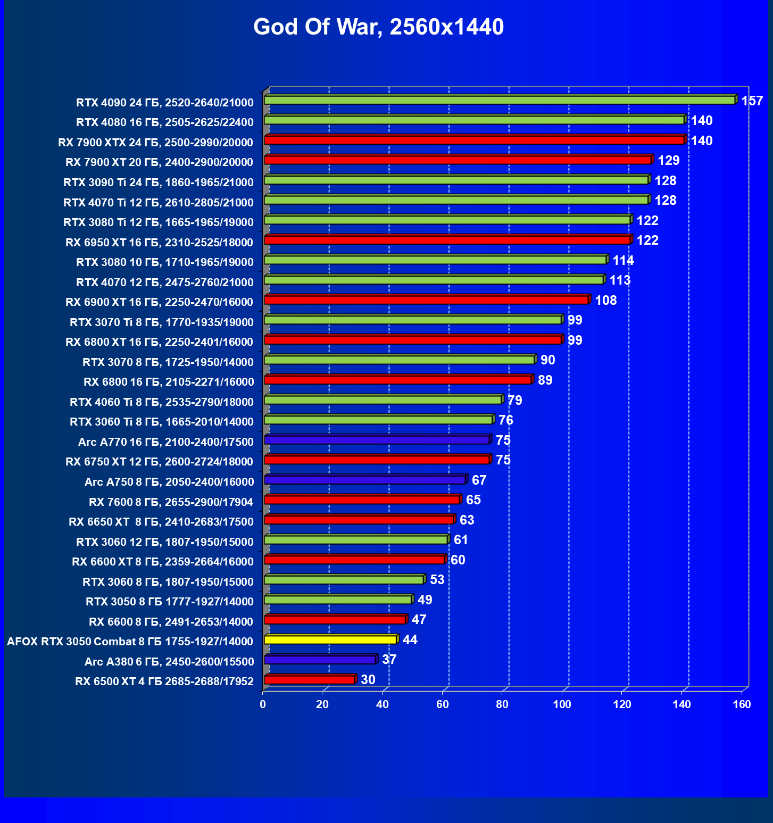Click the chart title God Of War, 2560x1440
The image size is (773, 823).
pyautogui.click(x=378, y=27)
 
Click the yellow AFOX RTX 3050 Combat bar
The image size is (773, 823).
pyautogui.click(x=330, y=639)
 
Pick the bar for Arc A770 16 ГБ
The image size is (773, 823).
pyautogui.click(x=376, y=440)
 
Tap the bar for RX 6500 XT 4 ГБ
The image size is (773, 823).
pyautogui.click(x=309, y=680)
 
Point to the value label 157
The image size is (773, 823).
pyautogui.click(x=752, y=101)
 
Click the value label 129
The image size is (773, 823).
pyautogui.click(x=669, y=161)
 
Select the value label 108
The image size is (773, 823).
pyautogui.click(x=605, y=301)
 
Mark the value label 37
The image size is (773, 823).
pyautogui.click(x=389, y=660)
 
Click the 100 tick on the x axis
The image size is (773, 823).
pyautogui.click(x=562, y=704)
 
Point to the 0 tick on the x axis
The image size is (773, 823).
pyautogui.click(x=263, y=704)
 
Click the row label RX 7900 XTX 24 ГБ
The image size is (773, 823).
pyautogui.click(x=155, y=142)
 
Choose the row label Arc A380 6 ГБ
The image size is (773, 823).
pyautogui.click(x=169, y=661)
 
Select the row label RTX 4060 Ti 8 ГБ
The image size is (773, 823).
pyautogui.click(x=162, y=402)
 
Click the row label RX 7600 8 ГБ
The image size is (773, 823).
pyautogui.click(x=171, y=502)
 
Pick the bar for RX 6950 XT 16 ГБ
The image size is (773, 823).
pyautogui.click(x=447, y=240)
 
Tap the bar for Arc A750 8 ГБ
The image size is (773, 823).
pyautogui.click(x=364, y=480)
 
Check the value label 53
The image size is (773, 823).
pyautogui.click(x=437, y=580)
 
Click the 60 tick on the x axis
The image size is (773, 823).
pyautogui.click(x=443, y=704)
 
